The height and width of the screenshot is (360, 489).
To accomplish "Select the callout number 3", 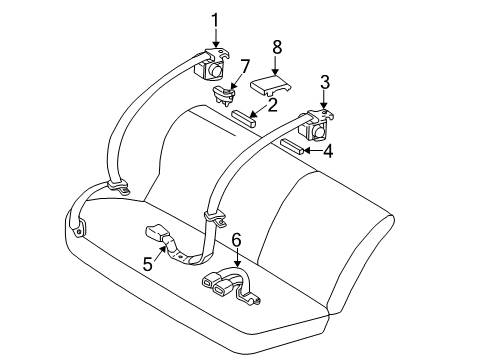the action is (324, 82).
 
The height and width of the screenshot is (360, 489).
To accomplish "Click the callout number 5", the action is (147, 265).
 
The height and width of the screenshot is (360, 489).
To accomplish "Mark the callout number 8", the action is (277, 45).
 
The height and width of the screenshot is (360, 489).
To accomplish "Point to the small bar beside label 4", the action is (292, 147).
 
